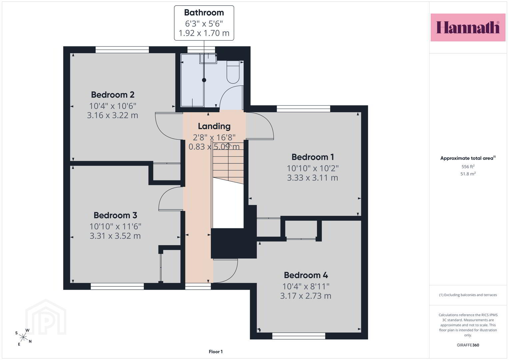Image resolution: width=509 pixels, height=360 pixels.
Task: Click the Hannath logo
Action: pos(468,27)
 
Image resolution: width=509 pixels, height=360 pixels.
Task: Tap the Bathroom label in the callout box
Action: pos(204,13)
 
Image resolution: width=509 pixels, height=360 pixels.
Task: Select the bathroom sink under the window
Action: pos(208,58)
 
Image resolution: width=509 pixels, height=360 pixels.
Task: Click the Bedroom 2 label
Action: pos(112,95)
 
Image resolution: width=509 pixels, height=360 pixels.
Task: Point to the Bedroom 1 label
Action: pos(312,157)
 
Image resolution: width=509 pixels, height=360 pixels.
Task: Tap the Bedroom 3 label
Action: pos(115,215)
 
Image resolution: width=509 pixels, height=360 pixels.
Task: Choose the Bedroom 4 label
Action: pos(306,275)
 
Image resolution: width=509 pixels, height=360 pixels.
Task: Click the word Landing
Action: pos(214,126)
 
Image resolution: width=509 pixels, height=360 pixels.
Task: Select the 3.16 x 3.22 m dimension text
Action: pos(112,115)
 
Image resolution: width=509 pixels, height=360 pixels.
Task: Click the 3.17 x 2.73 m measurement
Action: pos(306,296)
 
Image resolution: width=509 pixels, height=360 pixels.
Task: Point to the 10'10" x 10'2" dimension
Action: pos(312,168)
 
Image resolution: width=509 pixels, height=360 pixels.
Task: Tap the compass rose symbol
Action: pos(23,337)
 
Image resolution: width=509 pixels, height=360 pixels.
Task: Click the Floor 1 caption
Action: pos(216,352)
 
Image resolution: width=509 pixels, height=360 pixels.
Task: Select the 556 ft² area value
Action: pos(468,166)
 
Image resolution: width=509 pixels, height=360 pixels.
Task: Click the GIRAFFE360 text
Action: pos(468,345)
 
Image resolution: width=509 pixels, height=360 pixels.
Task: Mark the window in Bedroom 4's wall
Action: pos(299,336)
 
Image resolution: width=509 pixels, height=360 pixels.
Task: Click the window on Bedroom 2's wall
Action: pos(122,50)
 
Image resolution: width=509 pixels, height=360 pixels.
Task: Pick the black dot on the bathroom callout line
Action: pos(204,80)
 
